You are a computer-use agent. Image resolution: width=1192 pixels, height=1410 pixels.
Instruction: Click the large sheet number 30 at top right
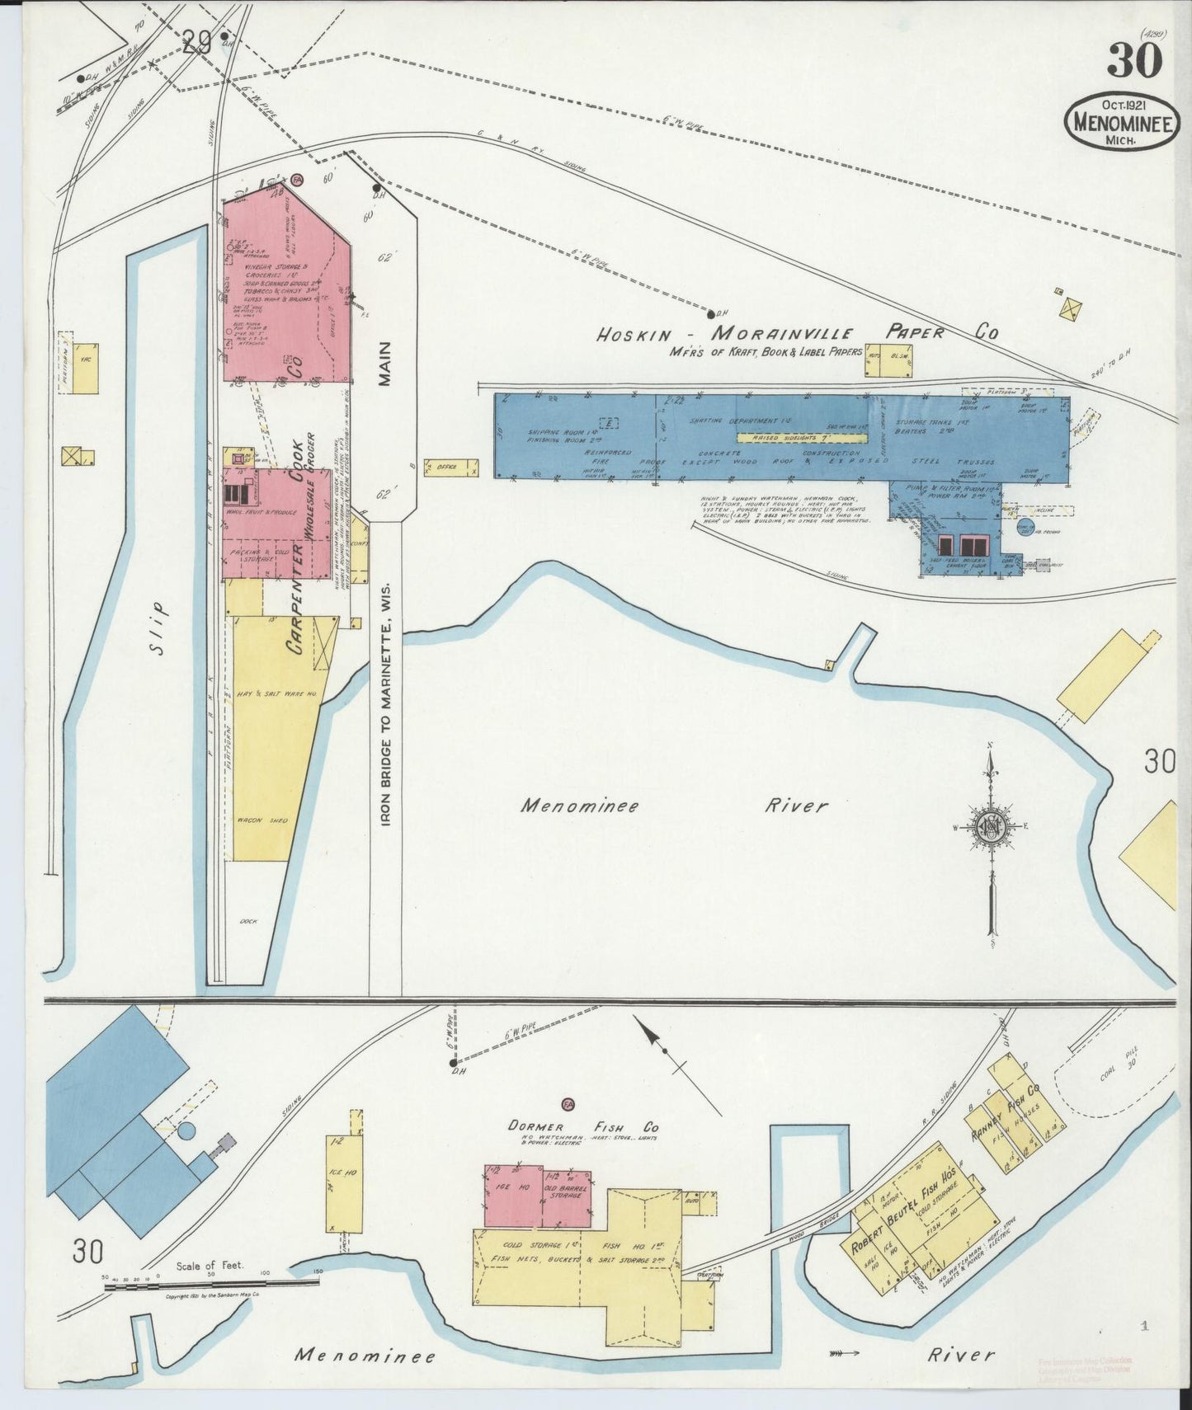[x=1134, y=59]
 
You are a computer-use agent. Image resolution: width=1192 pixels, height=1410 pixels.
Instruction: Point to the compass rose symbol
[x=990, y=827]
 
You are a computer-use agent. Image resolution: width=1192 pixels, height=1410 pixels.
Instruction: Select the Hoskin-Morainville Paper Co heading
[x=798, y=333]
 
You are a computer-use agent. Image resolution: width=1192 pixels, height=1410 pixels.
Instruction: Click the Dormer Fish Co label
[x=583, y=1127]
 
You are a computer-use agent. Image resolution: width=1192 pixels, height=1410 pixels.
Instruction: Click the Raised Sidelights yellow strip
[x=800, y=438]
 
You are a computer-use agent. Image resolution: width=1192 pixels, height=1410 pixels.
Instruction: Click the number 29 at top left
[x=198, y=43]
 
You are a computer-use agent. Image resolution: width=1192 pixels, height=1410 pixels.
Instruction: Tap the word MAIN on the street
[x=385, y=364]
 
